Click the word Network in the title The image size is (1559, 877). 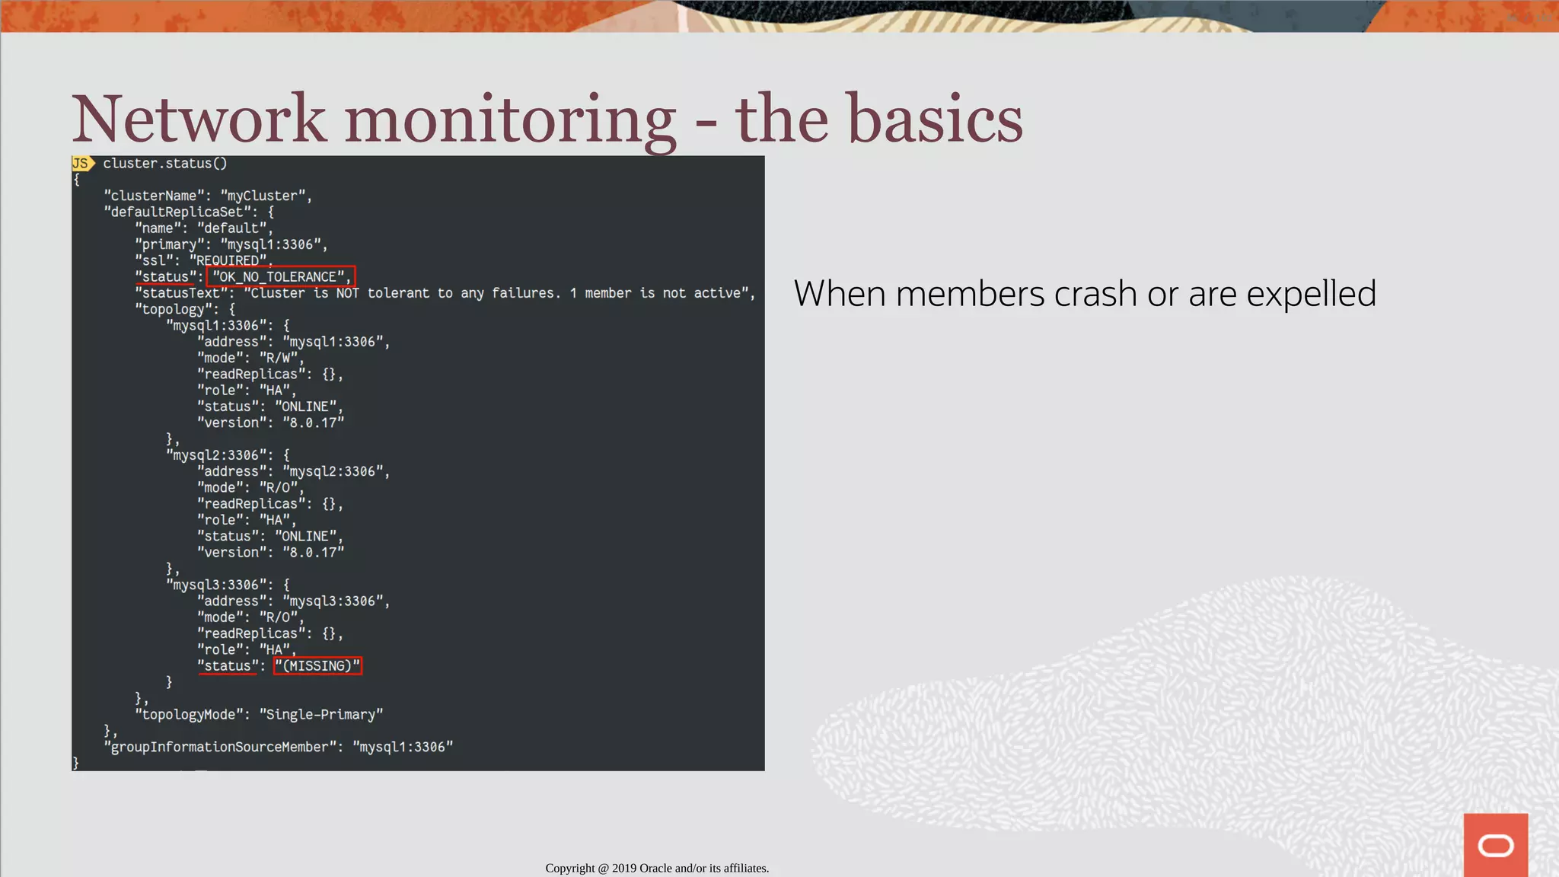[199, 119]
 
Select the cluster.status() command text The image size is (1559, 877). [165, 164]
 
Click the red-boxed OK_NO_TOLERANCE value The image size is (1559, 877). [280, 276]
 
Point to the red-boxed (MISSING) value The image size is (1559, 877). [317, 666]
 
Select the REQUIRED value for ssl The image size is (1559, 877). [228, 260]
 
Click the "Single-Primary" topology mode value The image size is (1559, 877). [320, 715]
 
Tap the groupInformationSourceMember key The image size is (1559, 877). [220, 748]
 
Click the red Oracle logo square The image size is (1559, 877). [1495, 845]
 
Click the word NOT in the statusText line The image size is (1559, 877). [347, 293]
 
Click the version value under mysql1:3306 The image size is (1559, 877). [313, 423]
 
